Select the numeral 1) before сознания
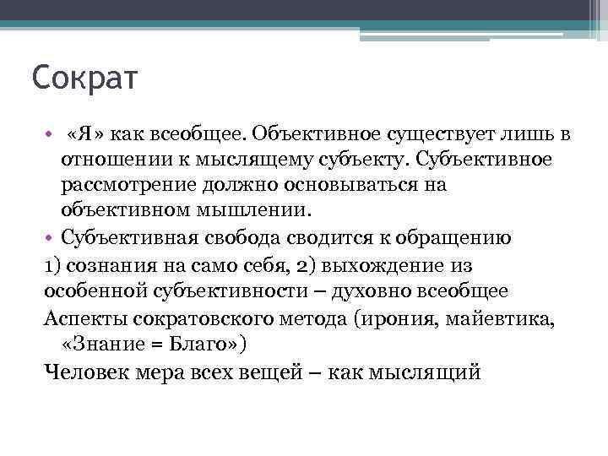tap(52, 265)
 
